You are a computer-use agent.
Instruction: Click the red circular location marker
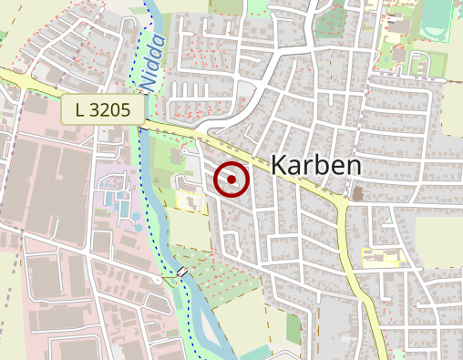(231, 180)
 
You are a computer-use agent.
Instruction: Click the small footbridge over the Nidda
(183, 272)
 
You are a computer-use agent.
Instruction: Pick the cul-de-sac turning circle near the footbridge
(159, 281)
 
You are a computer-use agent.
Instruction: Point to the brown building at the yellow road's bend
(357, 193)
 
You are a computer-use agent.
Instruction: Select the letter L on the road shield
(81, 111)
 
